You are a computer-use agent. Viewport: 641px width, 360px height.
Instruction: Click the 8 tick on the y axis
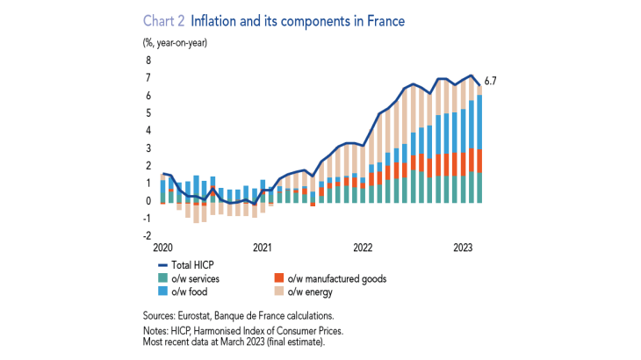coord(148,61)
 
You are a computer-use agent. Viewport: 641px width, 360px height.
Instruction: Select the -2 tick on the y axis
coord(147,236)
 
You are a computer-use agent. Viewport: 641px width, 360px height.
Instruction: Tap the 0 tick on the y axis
coord(148,201)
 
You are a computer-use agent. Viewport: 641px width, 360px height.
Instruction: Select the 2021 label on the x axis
coord(262,248)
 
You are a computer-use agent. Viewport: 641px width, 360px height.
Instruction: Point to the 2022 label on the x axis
coord(364,248)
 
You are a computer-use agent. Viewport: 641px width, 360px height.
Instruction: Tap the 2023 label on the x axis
coord(465,248)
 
